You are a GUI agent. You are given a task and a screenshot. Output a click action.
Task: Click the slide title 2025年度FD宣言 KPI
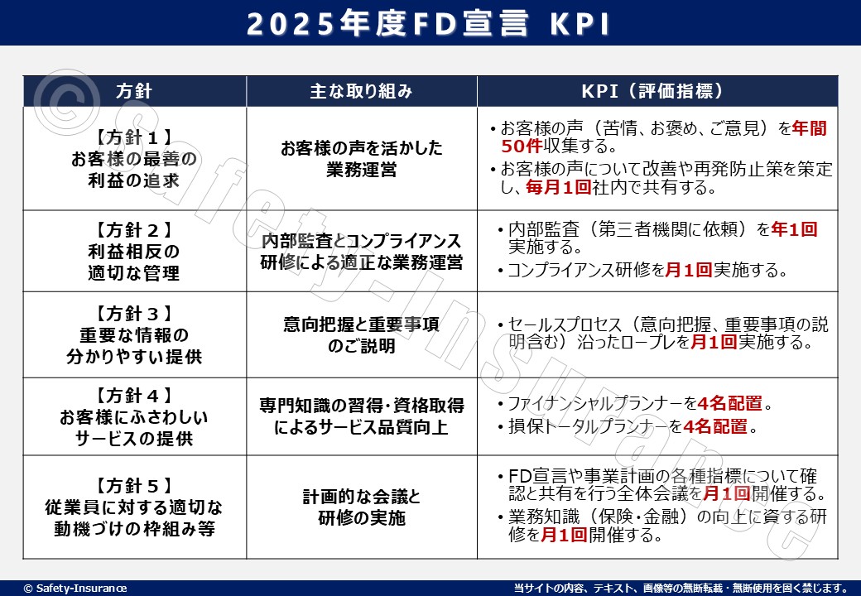pyautogui.click(x=428, y=24)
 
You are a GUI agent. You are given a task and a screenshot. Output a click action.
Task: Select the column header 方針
pyautogui.click(x=134, y=91)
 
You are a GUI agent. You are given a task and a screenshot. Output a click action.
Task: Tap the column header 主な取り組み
pyautogui.click(x=361, y=91)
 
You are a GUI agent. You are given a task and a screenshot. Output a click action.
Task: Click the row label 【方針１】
pyautogui.click(x=134, y=137)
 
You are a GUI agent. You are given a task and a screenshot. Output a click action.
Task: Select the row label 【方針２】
pyautogui.click(x=134, y=230)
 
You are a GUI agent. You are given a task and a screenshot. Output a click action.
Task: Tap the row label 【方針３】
pyautogui.click(x=134, y=314)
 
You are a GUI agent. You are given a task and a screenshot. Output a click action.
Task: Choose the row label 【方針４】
pyautogui.click(x=134, y=395)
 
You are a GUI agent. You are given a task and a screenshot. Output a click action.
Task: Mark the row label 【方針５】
pyautogui.click(x=134, y=486)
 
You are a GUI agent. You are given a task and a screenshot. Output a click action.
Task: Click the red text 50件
pyautogui.click(x=522, y=146)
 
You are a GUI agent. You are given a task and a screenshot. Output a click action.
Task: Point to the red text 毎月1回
pyautogui.click(x=559, y=187)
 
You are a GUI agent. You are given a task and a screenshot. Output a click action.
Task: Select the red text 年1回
pyautogui.click(x=794, y=228)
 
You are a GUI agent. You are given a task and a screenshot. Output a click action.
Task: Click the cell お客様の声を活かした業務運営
pyautogui.click(x=361, y=159)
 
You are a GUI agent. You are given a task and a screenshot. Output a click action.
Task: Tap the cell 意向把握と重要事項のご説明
pyautogui.click(x=361, y=334)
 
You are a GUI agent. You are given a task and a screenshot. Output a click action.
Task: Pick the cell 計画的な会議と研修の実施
pyautogui.click(x=361, y=507)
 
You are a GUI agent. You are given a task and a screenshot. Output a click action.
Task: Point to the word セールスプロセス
pyautogui.click(x=565, y=324)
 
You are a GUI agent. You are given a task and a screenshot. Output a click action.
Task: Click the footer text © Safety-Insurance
pyautogui.click(x=75, y=589)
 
